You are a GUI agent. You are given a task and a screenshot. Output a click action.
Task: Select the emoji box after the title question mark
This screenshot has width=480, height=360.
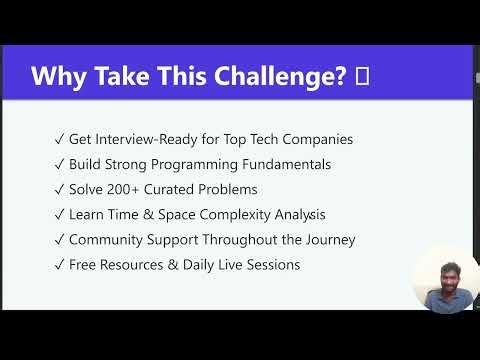coord(362,77)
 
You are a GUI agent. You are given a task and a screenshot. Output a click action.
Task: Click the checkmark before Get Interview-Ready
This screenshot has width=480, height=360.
coord(61,140)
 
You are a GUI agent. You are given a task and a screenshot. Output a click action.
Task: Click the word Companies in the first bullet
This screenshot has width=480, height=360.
coord(316,140)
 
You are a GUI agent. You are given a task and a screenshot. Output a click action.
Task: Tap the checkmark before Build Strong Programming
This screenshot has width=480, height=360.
coord(61,165)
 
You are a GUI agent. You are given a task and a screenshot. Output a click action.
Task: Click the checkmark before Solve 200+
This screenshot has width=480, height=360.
coord(61,190)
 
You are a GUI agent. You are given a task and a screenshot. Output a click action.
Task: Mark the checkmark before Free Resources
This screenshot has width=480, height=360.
coord(61,265)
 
